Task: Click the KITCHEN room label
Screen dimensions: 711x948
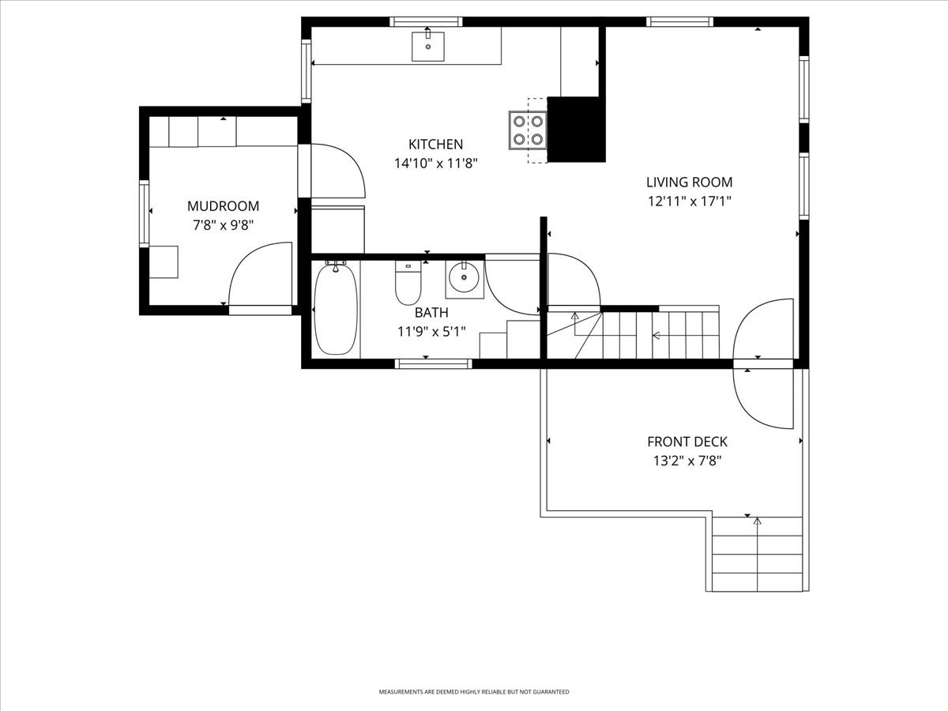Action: [435, 145]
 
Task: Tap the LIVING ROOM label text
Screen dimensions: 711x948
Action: [689, 182]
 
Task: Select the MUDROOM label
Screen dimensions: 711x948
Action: [223, 206]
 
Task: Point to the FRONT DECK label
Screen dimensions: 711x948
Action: [687, 442]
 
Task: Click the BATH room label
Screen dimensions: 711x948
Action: [431, 313]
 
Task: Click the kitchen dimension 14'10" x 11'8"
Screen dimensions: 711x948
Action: [435, 164]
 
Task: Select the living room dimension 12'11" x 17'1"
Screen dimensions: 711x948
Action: [689, 201]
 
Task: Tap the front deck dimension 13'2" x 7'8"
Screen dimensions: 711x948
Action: [687, 461]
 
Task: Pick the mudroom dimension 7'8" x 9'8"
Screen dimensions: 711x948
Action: [223, 225]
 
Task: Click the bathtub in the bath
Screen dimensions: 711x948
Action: [336, 309]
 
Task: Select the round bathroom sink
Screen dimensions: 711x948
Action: [464, 278]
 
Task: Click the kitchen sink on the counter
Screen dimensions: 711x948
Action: [427, 47]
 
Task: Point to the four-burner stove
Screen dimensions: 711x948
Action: [528, 130]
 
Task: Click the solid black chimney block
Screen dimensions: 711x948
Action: [576, 129]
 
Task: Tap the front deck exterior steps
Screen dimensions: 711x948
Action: [757, 554]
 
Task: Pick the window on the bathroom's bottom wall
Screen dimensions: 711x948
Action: [433, 363]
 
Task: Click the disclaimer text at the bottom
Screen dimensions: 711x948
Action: [474, 692]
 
